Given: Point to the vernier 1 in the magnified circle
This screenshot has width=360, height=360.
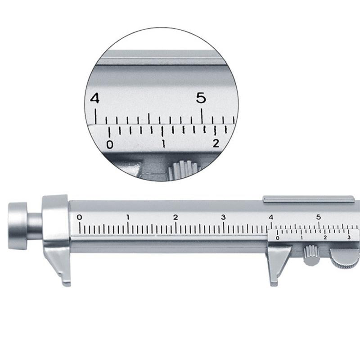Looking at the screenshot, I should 163,144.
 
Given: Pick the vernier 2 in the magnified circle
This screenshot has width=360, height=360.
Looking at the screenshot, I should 216,144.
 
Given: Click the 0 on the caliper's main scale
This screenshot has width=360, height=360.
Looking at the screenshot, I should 80,217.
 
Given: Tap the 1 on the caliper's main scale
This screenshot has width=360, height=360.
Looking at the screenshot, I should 128,217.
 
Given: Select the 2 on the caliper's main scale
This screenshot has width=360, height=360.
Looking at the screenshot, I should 175,217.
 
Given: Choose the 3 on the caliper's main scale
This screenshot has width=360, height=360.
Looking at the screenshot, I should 223,217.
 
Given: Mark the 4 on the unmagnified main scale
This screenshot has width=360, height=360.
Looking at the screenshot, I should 271,217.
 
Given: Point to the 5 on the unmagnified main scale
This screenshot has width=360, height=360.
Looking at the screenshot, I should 319,217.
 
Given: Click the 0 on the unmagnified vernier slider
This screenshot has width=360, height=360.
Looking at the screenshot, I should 277,238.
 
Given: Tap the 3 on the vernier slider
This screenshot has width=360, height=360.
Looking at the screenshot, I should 349,237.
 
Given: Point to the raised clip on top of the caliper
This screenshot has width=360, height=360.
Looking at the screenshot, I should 308,198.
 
